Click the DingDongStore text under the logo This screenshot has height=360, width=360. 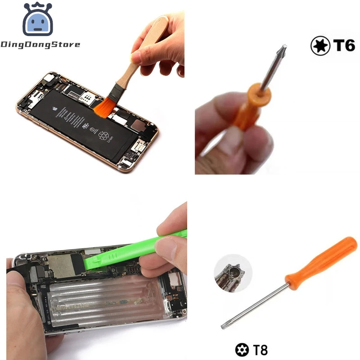pyautogui.click(x=40, y=45)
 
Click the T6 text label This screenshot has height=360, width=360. pyautogui.click(x=344, y=46)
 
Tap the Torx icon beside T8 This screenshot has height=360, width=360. pyautogui.click(x=242, y=350)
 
